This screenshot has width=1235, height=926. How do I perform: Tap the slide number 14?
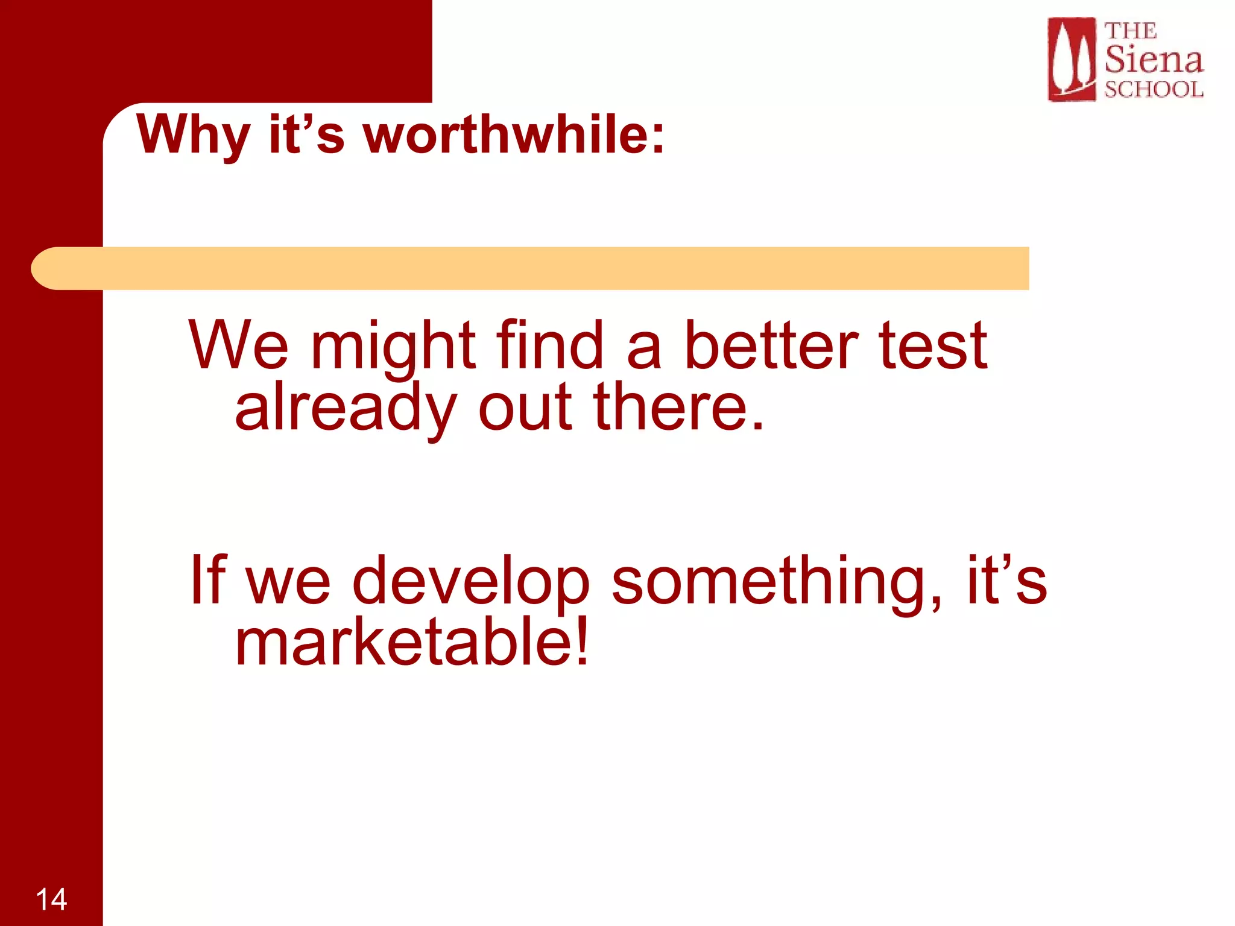[x=51, y=899]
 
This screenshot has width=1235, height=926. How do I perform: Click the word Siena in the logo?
[x=1153, y=59]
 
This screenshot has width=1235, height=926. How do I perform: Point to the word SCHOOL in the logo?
[x=1154, y=89]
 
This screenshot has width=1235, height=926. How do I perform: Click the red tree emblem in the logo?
[x=1071, y=59]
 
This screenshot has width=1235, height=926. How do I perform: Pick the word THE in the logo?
[x=1130, y=31]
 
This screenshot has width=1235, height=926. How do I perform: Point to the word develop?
[x=470, y=580]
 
